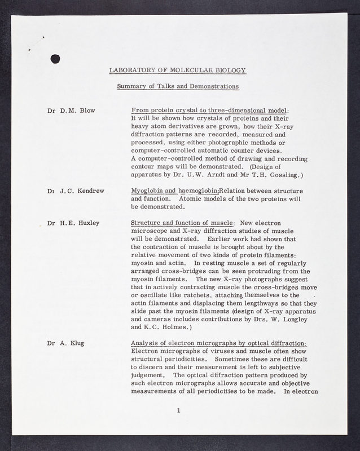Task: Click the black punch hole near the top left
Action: pyautogui.click(x=56, y=58)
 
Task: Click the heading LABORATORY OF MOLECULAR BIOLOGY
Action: pyautogui.click(x=178, y=70)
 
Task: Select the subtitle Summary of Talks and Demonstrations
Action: pyautogui.click(x=178, y=86)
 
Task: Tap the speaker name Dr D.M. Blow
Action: pyautogui.click(x=72, y=110)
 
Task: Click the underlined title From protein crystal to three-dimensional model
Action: pyautogui.click(x=209, y=110)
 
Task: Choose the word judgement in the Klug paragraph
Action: pyautogui.click(x=147, y=374)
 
